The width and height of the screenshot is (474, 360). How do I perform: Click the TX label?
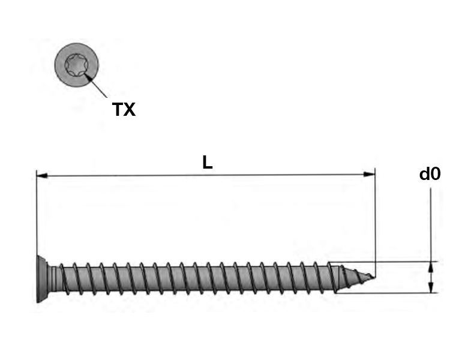pyautogui.click(x=124, y=109)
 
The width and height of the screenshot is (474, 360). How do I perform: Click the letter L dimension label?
pyautogui.click(x=208, y=163)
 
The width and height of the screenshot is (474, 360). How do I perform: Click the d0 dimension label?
pyautogui.click(x=430, y=174)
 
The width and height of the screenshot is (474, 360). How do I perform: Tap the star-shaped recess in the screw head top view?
pyautogui.click(x=76, y=65)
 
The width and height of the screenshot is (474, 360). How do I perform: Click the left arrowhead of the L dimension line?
pyautogui.click(x=42, y=176)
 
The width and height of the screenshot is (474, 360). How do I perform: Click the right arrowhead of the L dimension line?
pyautogui.click(x=369, y=175)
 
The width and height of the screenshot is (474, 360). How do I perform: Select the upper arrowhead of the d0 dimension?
pyautogui.click(x=431, y=267)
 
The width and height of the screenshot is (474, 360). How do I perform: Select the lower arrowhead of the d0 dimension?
pyautogui.click(x=431, y=287)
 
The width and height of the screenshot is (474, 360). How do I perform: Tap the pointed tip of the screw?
pyautogui.click(x=374, y=277)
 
